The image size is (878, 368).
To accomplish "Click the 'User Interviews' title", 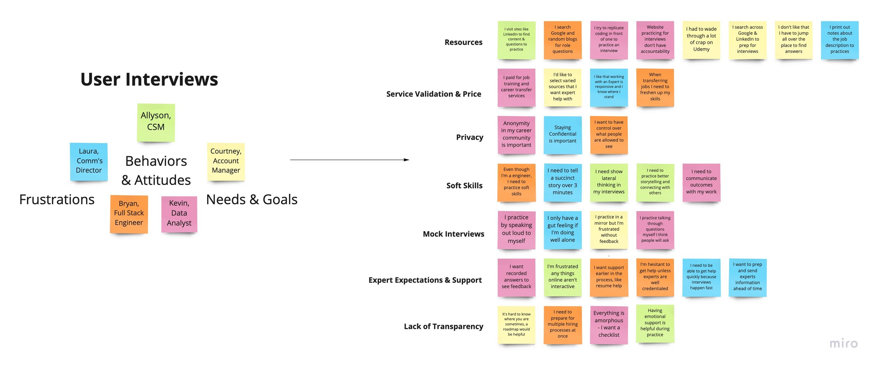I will coord(149,79).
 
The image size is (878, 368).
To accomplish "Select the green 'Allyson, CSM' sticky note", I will coord(156,122).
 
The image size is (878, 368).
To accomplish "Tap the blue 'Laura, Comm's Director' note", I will coord(89,161).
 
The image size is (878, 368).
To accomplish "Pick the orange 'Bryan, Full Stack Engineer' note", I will coord(129,214).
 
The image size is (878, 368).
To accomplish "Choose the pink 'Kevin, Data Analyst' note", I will coord(179,214).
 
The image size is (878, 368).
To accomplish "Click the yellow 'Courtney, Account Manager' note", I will coord(226,161).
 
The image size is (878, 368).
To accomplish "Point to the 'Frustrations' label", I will coord(57,200).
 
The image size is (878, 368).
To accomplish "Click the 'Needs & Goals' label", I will coord(252,200).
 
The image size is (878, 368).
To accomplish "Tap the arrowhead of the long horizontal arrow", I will coord(407,160).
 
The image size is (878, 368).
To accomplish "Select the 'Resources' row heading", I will coord(463,43).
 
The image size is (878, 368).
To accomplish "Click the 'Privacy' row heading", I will coord(470,137).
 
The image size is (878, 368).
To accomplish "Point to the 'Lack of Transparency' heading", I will coord(443,327).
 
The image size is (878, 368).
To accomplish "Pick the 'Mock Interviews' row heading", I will coord(453,234).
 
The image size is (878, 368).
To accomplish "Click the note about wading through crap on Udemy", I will coord(701,40).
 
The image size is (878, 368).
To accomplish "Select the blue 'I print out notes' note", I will coord(839,40).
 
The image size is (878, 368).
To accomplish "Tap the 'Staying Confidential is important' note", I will coord(563,135).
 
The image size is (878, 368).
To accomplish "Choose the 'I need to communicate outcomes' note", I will coord(701,182).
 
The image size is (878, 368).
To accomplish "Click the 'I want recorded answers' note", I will coord(516,277).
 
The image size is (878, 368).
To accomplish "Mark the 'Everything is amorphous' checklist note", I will coord(609,324).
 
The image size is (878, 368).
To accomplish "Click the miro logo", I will coord(844,343).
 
